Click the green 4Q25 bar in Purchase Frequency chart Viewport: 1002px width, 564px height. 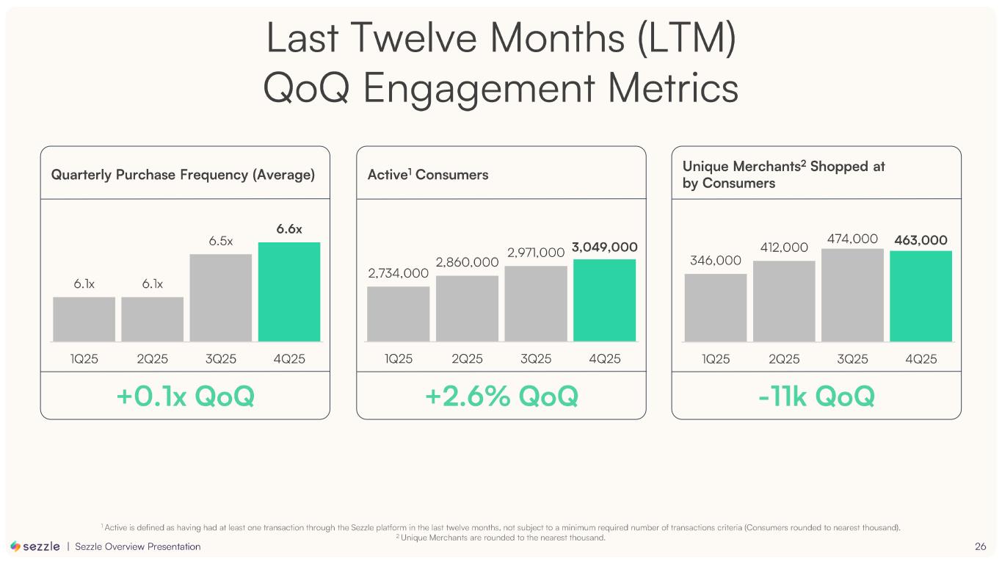288,292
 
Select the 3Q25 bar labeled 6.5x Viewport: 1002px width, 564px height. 220,297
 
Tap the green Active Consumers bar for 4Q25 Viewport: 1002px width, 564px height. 604,300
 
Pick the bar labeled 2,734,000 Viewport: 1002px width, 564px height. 398,314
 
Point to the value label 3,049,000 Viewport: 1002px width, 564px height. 604,247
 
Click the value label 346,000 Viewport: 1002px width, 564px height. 715,261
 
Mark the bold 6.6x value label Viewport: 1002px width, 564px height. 289,229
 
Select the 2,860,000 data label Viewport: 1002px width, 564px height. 467,262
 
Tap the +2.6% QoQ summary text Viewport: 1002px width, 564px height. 501,397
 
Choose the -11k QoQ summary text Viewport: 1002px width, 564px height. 816,397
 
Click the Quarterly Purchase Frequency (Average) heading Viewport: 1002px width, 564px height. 183,175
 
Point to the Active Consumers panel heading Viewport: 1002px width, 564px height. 427,175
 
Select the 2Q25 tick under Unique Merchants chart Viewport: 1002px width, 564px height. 784,359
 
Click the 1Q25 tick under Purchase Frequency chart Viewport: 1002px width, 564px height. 84,359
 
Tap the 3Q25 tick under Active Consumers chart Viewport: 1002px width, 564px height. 536,359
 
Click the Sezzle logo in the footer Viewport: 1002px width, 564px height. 35,546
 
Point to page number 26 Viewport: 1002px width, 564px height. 980,546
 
